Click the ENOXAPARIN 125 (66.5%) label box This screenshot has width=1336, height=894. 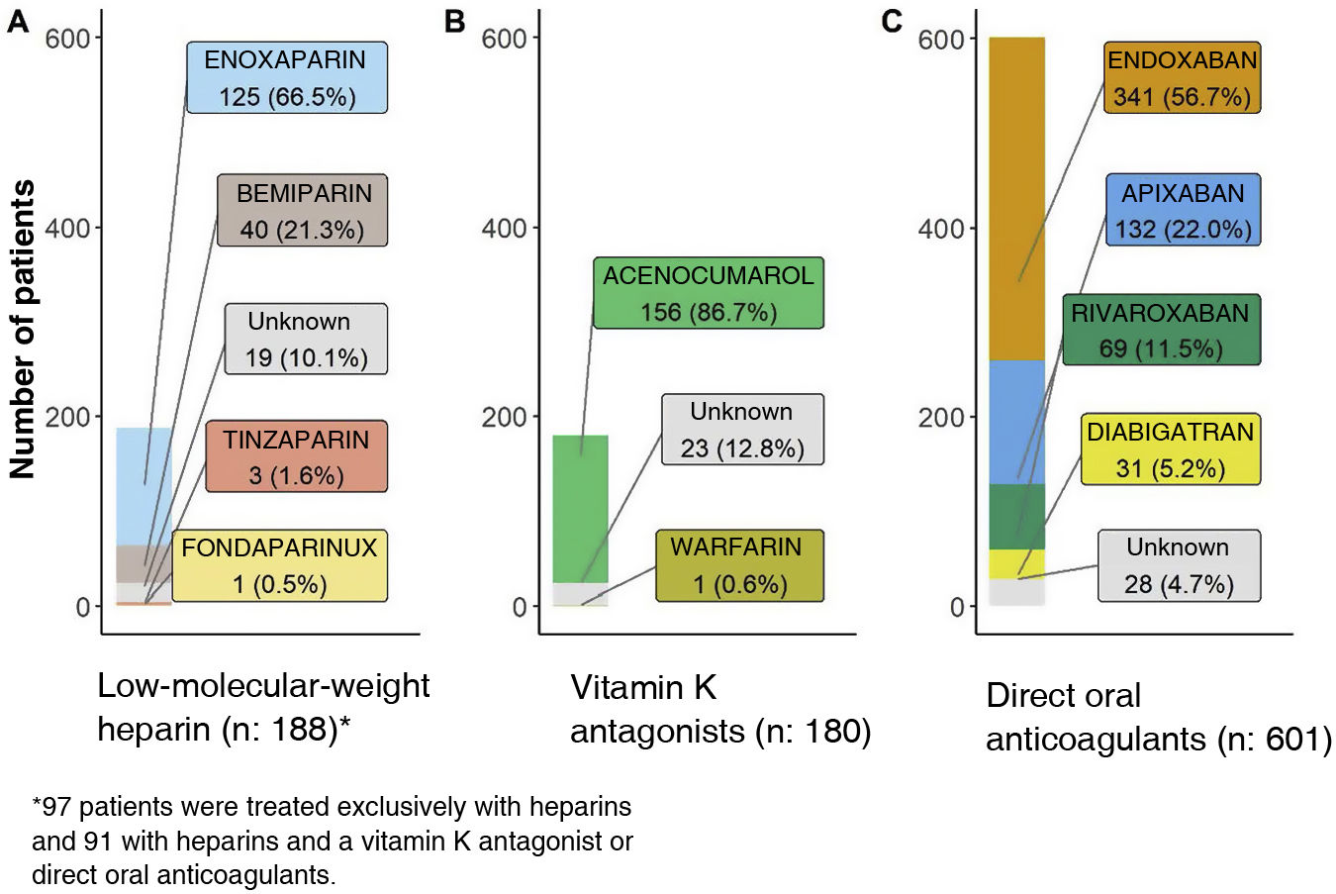click(286, 77)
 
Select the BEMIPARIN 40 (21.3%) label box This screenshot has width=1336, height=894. click(302, 210)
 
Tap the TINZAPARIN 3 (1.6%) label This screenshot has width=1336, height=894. click(296, 456)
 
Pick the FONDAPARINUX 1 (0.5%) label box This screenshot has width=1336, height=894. click(279, 565)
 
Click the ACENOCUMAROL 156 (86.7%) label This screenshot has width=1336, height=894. click(708, 293)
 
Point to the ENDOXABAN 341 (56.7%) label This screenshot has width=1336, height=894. click(1182, 78)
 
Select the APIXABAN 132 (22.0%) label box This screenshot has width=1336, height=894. click(1183, 210)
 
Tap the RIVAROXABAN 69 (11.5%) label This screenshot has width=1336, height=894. click(1161, 330)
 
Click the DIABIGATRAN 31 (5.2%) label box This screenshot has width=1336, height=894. click(1170, 448)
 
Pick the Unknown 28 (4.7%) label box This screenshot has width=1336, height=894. click(1179, 565)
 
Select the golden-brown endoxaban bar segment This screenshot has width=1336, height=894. click(1016, 198)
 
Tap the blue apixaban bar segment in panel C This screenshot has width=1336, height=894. click(1016, 421)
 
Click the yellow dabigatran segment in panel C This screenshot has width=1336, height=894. click(1016, 563)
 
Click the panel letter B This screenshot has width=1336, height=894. click(455, 21)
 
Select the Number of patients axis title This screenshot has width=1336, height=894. click(22, 329)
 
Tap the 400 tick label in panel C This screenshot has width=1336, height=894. click(940, 228)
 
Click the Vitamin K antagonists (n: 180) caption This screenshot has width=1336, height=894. click(720, 709)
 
